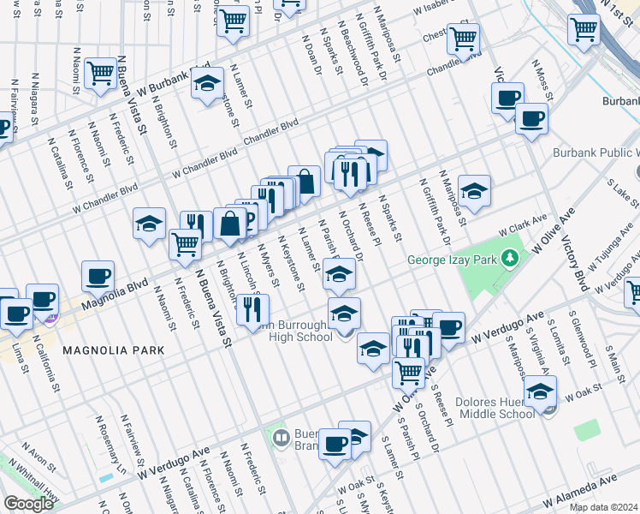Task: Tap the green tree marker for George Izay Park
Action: [x=511, y=257]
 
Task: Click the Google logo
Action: [x=28, y=504]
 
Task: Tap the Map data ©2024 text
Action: [x=602, y=507]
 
